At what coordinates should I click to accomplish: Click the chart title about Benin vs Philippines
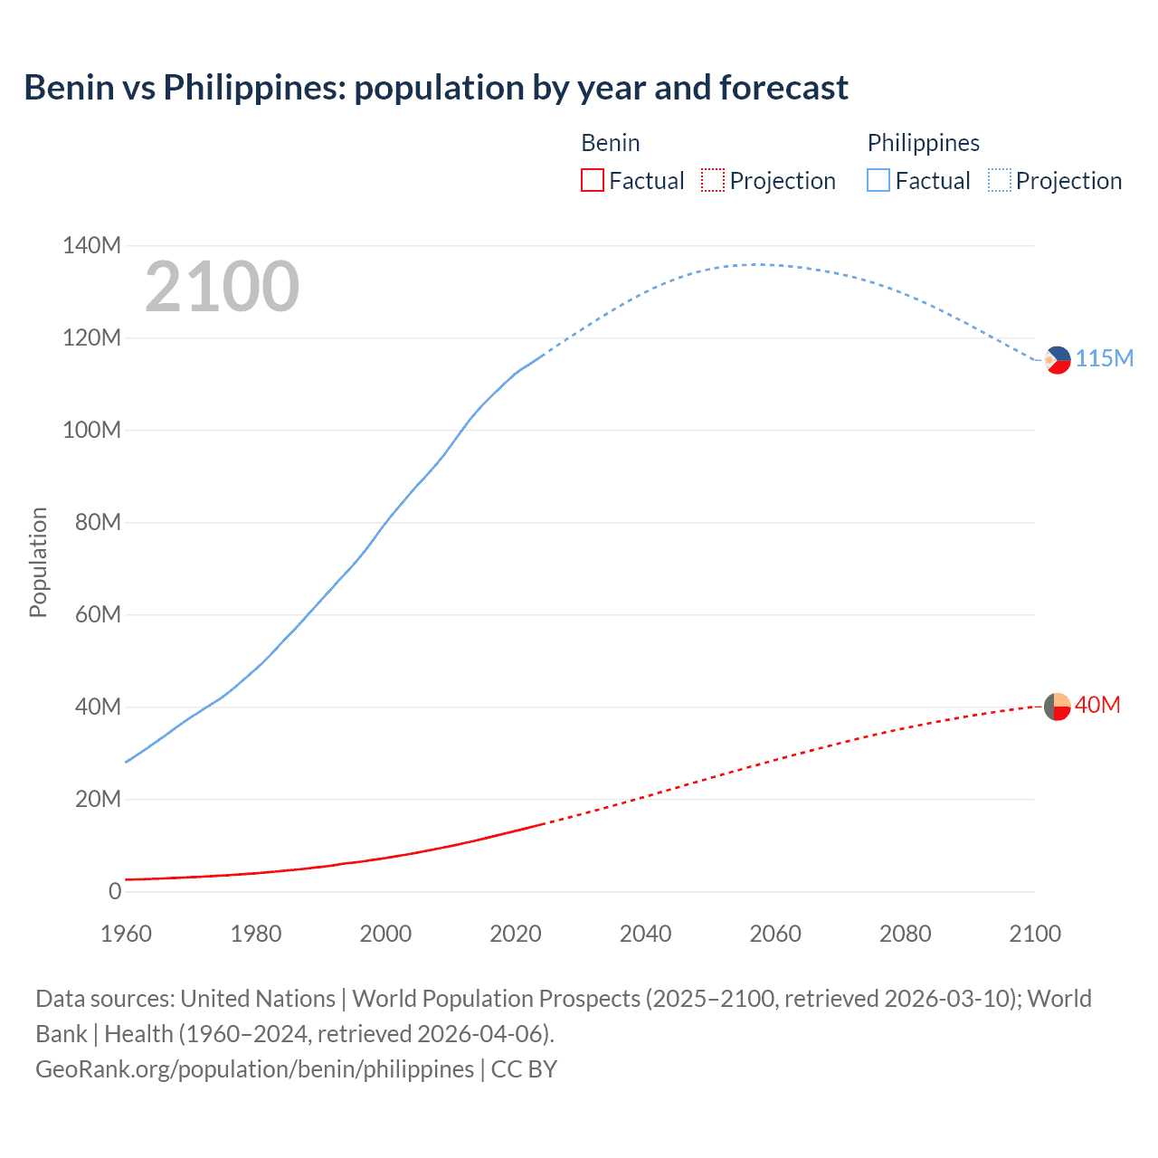pos(435,88)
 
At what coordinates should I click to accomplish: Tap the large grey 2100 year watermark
pos(222,287)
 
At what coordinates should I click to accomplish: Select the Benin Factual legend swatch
pos(592,180)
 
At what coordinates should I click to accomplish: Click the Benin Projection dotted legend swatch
pos(713,180)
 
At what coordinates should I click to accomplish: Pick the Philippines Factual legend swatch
pos(878,180)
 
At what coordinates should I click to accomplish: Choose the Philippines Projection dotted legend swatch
pos(999,180)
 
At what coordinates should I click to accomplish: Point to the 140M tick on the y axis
pos(91,245)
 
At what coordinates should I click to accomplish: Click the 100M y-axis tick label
pos(91,430)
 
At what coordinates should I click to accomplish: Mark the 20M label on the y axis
pos(98,799)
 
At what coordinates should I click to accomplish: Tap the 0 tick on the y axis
pos(115,891)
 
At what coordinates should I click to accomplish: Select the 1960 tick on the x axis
pos(126,934)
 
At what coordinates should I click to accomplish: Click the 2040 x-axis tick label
pos(645,934)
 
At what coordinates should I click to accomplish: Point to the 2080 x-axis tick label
pos(905,934)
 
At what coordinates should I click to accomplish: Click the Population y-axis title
pos(38,562)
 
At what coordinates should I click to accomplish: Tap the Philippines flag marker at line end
pos(1057,359)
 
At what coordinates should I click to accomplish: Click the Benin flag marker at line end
pos(1057,706)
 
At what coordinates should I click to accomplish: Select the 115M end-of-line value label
pos(1104,359)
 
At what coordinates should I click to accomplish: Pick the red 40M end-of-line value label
pos(1097,705)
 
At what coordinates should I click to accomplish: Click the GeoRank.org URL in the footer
pos(254,1068)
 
